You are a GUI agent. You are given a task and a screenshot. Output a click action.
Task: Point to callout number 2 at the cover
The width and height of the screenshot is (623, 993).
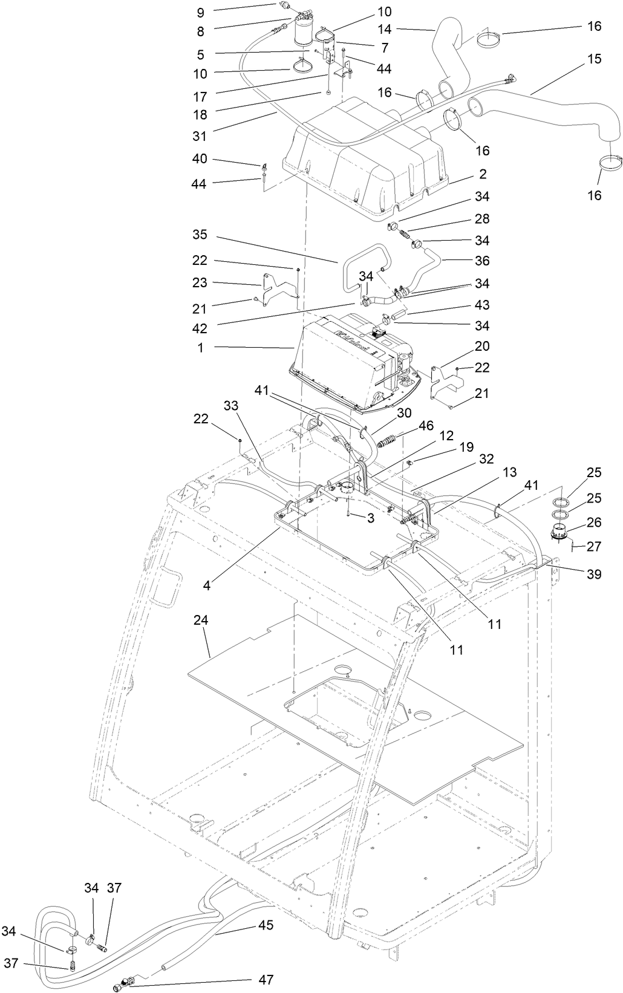click(x=483, y=174)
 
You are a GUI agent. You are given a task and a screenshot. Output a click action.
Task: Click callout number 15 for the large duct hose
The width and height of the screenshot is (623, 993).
click(x=594, y=59)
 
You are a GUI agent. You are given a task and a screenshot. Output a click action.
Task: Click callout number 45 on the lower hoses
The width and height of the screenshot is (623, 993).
click(x=266, y=925)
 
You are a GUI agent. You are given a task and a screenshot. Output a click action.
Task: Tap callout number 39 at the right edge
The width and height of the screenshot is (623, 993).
click(x=594, y=574)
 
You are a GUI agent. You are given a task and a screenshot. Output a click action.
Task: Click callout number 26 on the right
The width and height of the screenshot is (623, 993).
click(x=594, y=521)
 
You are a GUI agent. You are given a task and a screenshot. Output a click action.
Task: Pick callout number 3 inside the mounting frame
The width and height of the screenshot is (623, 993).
click(x=370, y=518)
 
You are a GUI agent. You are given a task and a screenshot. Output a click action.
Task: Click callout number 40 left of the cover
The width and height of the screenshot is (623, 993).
click(x=200, y=158)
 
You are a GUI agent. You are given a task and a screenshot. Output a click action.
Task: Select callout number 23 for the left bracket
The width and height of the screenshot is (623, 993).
click(x=200, y=282)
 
